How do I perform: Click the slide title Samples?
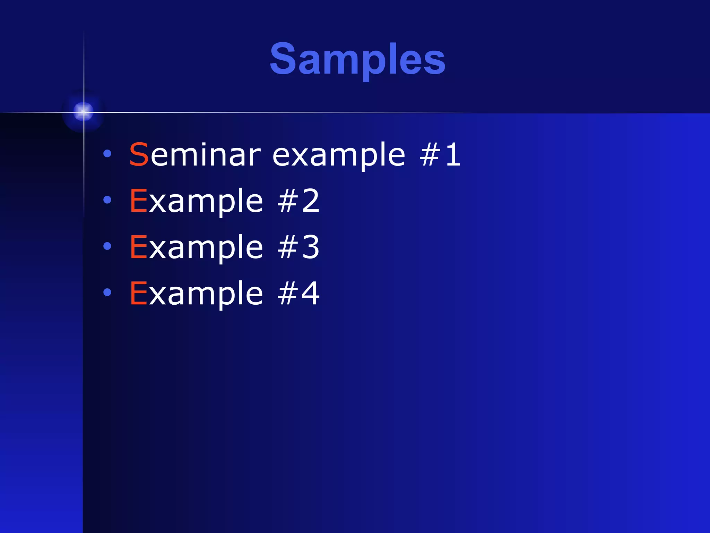(x=357, y=59)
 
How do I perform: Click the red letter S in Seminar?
(x=139, y=155)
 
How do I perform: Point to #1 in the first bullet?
(x=440, y=155)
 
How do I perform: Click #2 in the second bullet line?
(x=298, y=201)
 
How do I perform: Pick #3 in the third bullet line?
(x=298, y=247)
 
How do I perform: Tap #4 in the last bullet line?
(x=298, y=294)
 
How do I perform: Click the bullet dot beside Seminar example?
(x=107, y=153)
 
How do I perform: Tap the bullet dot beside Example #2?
(x=107, y=200)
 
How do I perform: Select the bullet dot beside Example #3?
(x=107, y=246)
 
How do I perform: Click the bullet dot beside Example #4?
(x=107, y=292)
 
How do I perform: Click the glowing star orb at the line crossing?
(x=83, y=112)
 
